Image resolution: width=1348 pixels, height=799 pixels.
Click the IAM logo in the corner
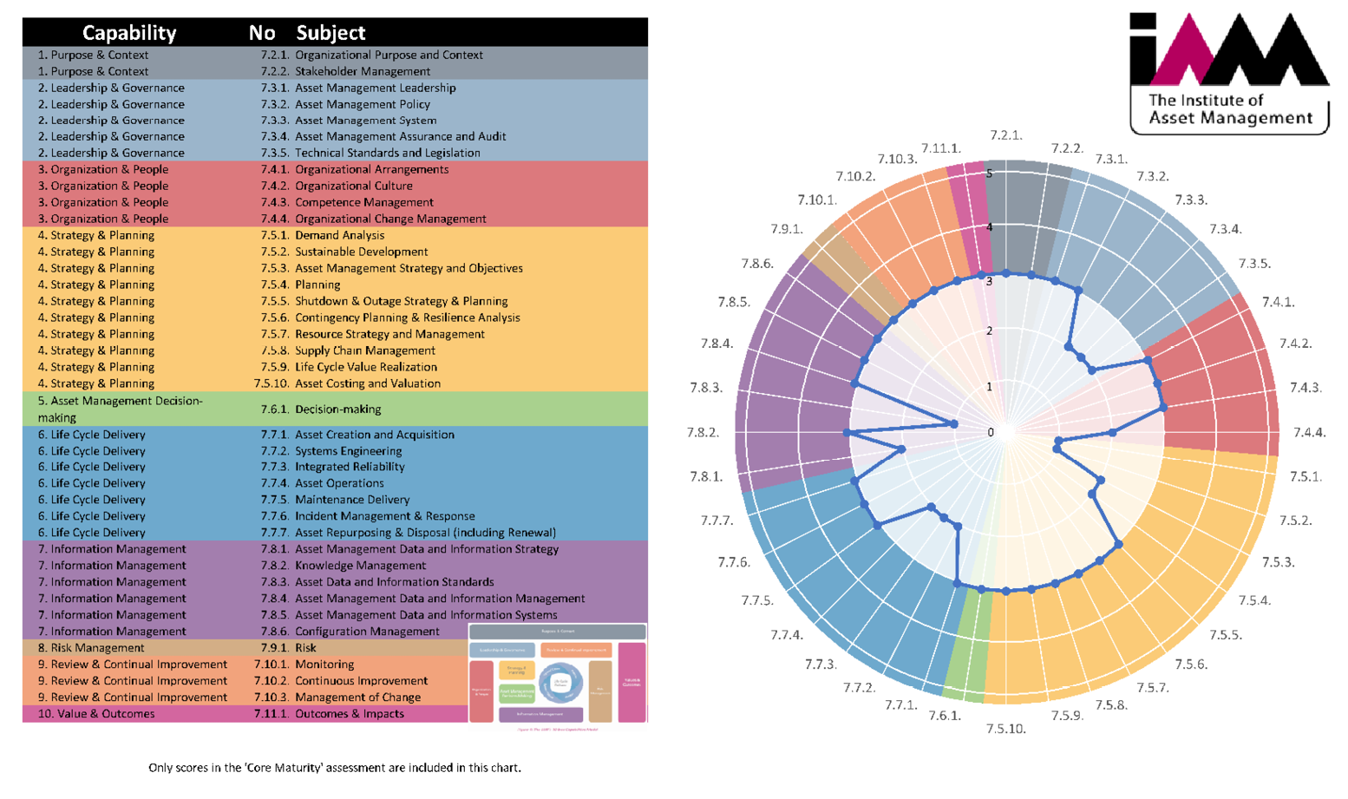(1228, 73)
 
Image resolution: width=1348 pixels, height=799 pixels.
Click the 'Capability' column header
(129, 33)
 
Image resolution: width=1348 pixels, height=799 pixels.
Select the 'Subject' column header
(330, 33)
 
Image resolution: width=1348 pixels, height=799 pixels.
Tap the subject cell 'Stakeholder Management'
(363, 71)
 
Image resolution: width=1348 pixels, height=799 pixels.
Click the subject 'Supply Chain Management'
(364, 350)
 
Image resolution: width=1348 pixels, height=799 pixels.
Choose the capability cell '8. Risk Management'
(91, 647)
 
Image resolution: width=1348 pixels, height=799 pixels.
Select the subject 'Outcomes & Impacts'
(349, 713)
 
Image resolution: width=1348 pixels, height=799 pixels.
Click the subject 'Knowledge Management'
(360, 565)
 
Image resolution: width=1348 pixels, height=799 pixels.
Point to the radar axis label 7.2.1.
(1006, 134)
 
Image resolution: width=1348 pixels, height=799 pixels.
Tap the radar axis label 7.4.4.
(1309, 432)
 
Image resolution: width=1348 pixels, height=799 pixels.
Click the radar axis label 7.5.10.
(1006, 729)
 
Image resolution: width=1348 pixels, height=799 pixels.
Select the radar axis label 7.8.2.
(703, 432)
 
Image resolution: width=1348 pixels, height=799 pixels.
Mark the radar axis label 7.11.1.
(941, 148)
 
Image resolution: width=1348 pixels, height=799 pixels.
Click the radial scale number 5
(990, 174)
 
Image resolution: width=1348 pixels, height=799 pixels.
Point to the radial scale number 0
(991, 432)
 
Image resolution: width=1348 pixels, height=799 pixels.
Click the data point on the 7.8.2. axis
(847, 432)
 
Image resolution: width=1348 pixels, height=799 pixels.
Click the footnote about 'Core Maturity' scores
(335, 767)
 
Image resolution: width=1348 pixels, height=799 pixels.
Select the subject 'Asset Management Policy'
(363, 104)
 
